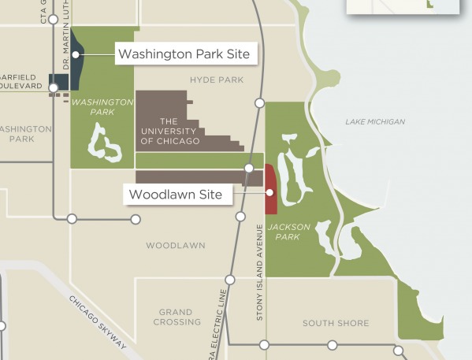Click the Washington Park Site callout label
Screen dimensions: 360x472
[185, 54]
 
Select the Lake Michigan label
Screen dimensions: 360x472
[375, 122]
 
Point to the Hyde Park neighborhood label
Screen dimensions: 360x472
[217, 80]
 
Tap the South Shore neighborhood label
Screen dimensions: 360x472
[336, 323]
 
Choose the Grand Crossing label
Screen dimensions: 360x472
[177, 317]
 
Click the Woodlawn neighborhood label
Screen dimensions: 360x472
[175, 246]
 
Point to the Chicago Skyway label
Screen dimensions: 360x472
[98, 323]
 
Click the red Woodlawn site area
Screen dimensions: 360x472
[269, 189]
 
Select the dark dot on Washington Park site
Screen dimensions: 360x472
[76, 54]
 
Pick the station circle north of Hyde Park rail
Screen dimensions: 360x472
[259, 103]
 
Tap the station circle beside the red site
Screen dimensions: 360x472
[249, 169]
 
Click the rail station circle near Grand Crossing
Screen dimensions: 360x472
[230, 280]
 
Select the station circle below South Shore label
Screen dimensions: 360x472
[333, 345]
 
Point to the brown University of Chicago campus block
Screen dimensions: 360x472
[162, 106]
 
